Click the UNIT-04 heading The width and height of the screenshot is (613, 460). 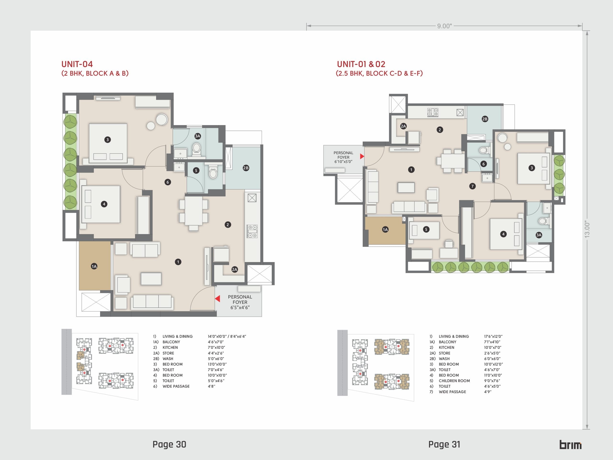tap(77, 64)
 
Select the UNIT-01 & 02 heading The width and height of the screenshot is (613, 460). tap(361, 64)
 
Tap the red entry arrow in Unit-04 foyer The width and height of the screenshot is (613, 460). tap(217, 299)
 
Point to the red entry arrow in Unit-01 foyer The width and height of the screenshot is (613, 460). tap(362, 156)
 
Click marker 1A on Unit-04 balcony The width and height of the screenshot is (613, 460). tap(94, 266)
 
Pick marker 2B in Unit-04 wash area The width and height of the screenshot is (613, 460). tap(246, 168)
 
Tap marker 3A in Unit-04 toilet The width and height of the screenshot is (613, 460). tap(198, 136)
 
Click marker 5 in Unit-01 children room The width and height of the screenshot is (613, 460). tap(426, 229)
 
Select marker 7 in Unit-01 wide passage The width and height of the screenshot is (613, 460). tap(472, 186)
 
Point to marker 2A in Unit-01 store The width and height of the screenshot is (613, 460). tap(403, 126)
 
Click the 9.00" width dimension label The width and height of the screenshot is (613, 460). tap(444, 26)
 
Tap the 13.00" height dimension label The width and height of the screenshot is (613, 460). tap(587, 229)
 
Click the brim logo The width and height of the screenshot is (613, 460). tap(570, 444)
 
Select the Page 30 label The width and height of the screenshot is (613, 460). tap(169, 444)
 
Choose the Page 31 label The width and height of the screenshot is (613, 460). tap(444, 444)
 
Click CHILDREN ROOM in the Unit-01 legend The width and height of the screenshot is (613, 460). tap(454, 381)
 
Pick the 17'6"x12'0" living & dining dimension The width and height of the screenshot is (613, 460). tap(493, 336)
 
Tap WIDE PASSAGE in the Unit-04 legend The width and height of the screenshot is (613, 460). tap(176, 386)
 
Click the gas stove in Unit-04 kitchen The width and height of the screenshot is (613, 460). tap(252, 231)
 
